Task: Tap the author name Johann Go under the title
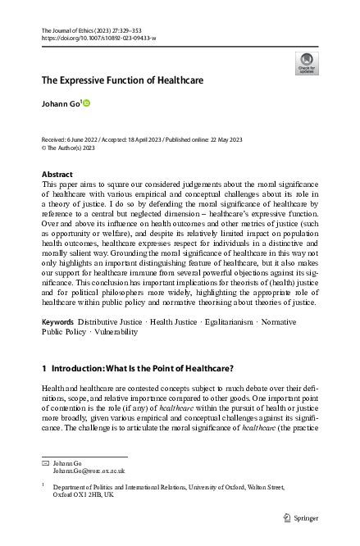point(59,104)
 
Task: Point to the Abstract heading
point(57,175)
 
